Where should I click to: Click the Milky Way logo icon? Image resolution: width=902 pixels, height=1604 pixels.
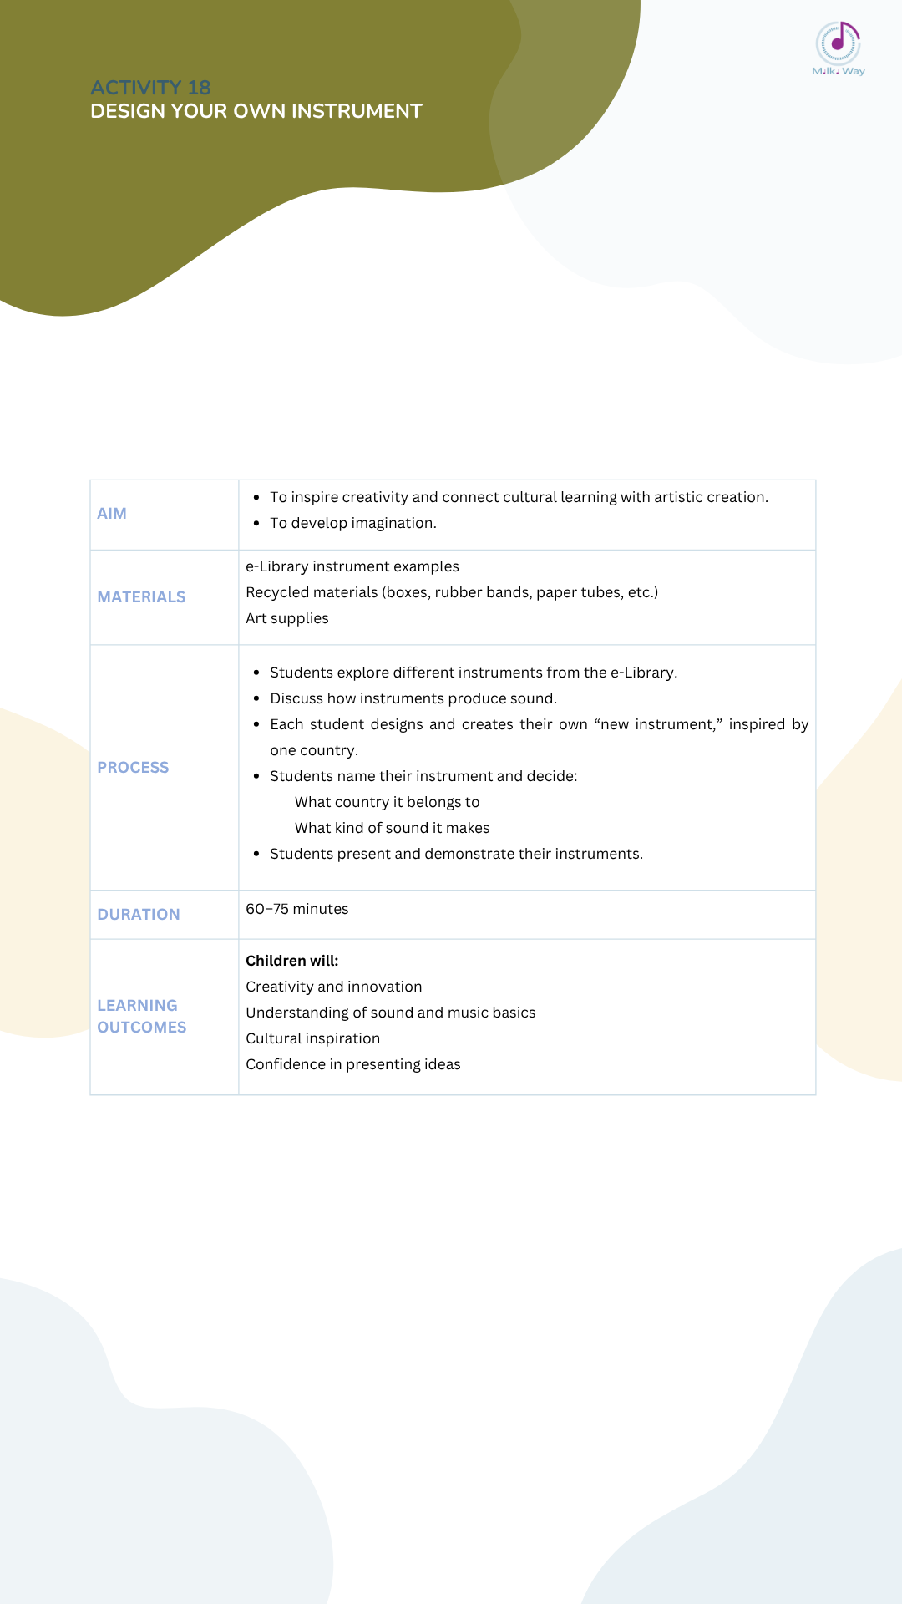838,43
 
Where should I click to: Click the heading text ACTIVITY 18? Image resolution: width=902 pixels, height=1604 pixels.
150,88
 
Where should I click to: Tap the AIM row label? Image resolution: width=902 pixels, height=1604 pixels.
112,514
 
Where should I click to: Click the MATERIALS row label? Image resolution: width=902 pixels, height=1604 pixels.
141,597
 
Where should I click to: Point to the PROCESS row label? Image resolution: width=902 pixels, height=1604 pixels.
133,768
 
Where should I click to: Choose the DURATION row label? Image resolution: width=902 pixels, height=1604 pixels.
139,915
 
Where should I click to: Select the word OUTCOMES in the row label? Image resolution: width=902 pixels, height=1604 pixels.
141,1028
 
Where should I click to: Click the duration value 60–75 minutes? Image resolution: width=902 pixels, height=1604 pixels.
296,909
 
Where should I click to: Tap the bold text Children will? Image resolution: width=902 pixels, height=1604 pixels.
291,961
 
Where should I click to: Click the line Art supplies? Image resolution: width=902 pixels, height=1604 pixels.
286,618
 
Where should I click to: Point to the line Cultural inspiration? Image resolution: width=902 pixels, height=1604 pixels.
312,1038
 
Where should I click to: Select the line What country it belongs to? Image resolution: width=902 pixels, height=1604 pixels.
387,802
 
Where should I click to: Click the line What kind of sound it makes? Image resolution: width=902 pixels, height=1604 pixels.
392,828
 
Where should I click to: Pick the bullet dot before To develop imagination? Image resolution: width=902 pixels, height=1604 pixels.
256,524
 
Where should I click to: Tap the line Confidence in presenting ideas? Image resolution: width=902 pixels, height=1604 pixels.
352,1064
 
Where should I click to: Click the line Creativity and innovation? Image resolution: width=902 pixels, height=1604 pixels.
333,987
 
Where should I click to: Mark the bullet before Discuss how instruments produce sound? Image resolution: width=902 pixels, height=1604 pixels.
256,699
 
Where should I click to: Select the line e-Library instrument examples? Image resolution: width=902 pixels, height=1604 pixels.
352,566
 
